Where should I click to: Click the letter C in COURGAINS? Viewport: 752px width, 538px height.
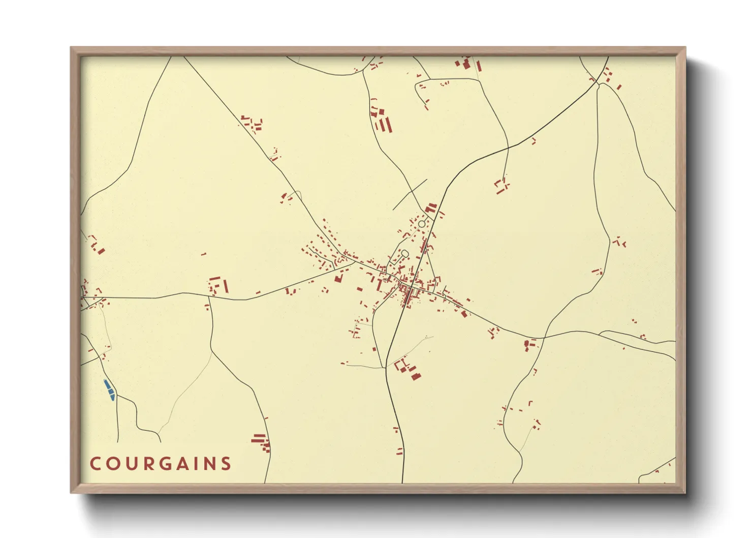click(x=96, y=464)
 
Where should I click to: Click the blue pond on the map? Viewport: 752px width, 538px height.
click(x=109, y=390)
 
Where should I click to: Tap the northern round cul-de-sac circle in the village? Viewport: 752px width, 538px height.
click(x=422, y=224)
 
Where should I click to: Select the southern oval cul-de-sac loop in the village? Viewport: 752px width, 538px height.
click(x=405, y=253)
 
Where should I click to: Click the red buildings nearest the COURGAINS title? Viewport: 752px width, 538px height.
click(x=261, y=442)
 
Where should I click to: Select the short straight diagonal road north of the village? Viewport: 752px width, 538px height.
click(x=410, y=194)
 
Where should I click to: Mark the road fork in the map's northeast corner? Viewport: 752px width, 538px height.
click(x=599, y=84)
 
